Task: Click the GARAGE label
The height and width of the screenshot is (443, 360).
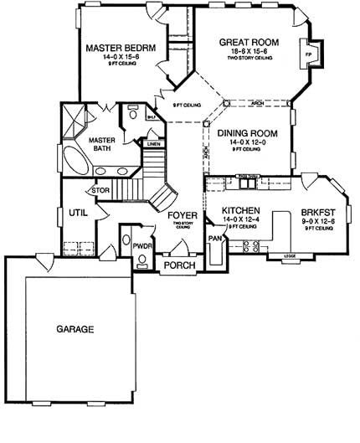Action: [75, 328]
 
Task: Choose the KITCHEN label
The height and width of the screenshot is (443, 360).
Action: [240, 210]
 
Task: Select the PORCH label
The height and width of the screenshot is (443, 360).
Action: [180, 265]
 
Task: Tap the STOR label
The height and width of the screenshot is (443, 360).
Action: [100, 190]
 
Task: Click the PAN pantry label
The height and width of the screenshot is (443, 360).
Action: [214, 239]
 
